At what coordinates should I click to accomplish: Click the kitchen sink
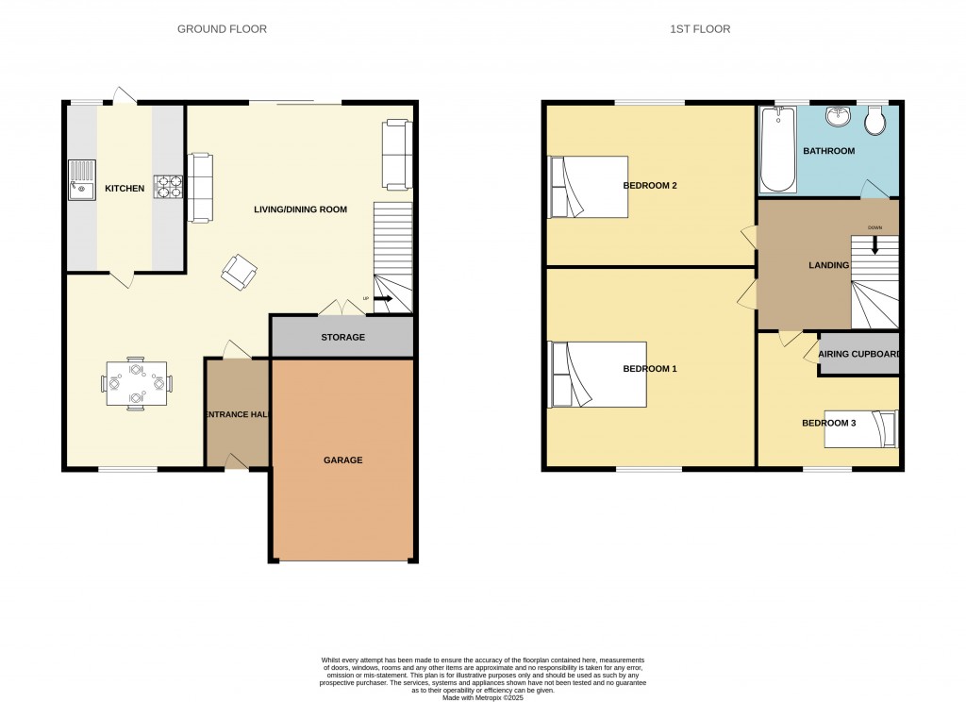coord(81,180)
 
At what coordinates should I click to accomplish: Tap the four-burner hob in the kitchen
coord(168,187)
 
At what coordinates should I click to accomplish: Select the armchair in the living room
coord(239,272)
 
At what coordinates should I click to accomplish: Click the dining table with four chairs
coord(136,383)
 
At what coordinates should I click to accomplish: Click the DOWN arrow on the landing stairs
coord(874,246)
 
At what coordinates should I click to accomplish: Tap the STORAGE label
coord(343,337)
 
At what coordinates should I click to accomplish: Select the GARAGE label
coord(343,460)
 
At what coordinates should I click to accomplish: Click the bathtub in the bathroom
coord(778,149)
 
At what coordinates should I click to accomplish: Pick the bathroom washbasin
coord(838,116)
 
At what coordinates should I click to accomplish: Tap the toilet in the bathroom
coord(874,120)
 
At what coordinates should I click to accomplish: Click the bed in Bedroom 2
coord(589,187)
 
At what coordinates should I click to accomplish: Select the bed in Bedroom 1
coord(597,375)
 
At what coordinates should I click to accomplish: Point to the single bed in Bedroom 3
coord(861,429)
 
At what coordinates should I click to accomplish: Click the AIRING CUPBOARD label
coord(859,355)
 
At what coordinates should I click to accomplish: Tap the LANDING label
coord(828,265)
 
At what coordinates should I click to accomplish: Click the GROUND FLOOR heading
coord(222,29)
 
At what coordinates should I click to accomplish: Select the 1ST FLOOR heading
coord(700,29)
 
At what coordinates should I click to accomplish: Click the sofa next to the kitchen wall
coord(200,188)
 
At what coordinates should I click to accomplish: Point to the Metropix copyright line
coord(483,697)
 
